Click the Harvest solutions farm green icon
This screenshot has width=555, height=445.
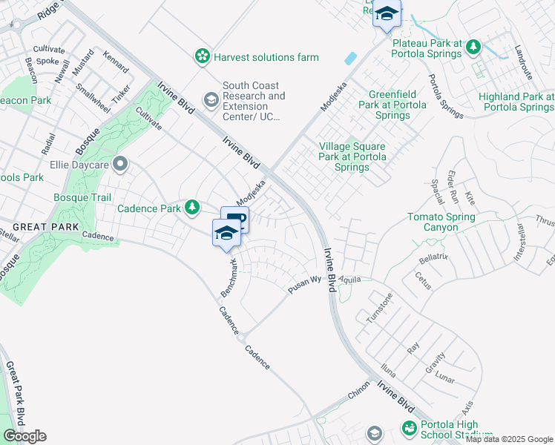pos(202,56)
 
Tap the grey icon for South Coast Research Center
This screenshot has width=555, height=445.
pos(211,99)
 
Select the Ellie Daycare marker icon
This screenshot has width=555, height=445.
pos(119,163)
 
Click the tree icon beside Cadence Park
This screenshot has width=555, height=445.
pos(192,208)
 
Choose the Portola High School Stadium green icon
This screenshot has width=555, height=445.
pos(409,429)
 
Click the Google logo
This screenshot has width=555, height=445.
pos(24,436)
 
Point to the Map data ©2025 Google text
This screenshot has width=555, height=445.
pos(509,439)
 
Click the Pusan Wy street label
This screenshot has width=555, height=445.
pos(304,283)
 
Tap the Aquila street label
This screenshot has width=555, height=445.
pos(349,278)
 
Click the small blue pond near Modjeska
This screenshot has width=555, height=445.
pos(350,57)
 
